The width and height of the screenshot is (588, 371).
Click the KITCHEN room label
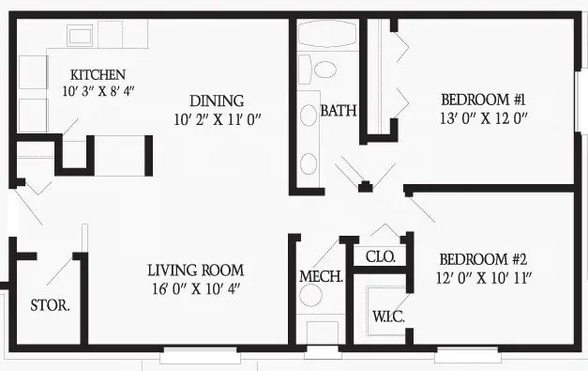tap(98, 75)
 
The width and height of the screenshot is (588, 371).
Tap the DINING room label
tap(217, 101)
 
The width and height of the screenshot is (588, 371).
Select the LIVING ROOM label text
tap(195, 271)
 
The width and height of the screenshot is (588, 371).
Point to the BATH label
tap(339, 111)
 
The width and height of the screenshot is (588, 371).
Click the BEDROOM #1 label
tap(483, 100)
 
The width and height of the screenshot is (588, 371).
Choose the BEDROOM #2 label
tap(483, 259)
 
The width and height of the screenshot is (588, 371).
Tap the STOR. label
tap(50, 305)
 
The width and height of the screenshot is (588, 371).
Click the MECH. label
tap(321, 277)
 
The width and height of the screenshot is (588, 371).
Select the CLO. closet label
tap(380, 257)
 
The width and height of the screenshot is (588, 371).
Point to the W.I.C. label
tap(388, 317)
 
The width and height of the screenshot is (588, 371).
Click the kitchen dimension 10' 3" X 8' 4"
tap(98, 91)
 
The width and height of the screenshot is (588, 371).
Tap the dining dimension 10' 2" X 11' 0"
tap(218, 120)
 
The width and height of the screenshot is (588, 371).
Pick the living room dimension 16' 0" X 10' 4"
tap(196, 288)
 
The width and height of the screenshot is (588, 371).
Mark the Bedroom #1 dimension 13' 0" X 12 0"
tap(484, 118)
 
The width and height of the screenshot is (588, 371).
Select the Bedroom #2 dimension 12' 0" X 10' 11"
tap(484, 278)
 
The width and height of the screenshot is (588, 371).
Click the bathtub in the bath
tap(327, 34)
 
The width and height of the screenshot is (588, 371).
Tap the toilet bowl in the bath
tap(324, 70)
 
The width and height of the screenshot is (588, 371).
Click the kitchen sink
tap(80, 36)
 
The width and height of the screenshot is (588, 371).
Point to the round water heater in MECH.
tap(310, 295)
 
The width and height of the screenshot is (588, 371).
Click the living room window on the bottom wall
tap(200, 355)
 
